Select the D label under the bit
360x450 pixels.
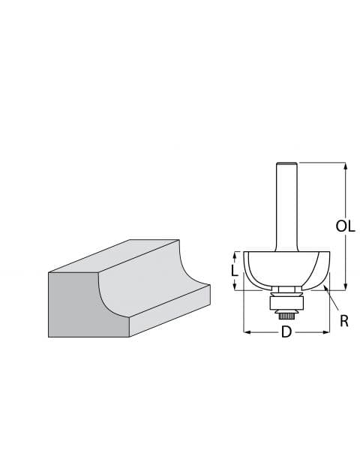[286, 332]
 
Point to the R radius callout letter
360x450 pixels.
[343, 321]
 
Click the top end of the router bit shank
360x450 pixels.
[286, 164]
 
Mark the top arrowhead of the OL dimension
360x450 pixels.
[345, 166]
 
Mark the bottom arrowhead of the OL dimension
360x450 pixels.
[345, 286]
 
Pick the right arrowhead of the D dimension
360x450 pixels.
[327, 331]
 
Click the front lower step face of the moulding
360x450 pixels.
[169, 315]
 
